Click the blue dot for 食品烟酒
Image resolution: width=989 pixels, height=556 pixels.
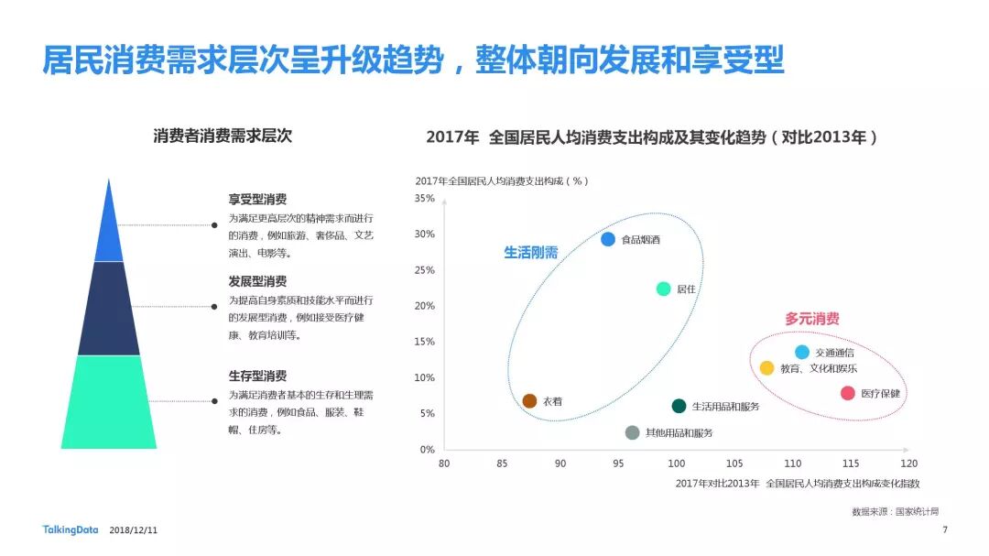608,239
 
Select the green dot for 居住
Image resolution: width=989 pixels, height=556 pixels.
664,289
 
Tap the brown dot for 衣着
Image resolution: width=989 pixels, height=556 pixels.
529,401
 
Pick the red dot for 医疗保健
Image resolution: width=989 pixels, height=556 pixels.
848,393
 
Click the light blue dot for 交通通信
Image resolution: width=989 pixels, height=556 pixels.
802,352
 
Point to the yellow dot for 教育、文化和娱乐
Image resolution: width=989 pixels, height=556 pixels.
767,368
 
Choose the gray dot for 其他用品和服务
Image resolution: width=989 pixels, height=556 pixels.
632,432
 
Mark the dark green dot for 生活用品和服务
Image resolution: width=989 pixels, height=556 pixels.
679,406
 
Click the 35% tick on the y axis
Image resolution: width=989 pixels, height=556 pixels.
425,198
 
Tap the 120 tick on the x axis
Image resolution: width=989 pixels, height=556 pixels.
908,463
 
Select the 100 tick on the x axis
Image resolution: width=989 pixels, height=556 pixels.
676,463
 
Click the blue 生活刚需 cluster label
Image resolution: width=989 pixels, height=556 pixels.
530,253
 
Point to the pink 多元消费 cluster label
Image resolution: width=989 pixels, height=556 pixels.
811,319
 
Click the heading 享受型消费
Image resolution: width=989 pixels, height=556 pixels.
257,199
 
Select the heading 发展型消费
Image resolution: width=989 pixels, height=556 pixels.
257,281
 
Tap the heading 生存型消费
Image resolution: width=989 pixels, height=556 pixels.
257,376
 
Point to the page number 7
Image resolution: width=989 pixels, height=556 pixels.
945,529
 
